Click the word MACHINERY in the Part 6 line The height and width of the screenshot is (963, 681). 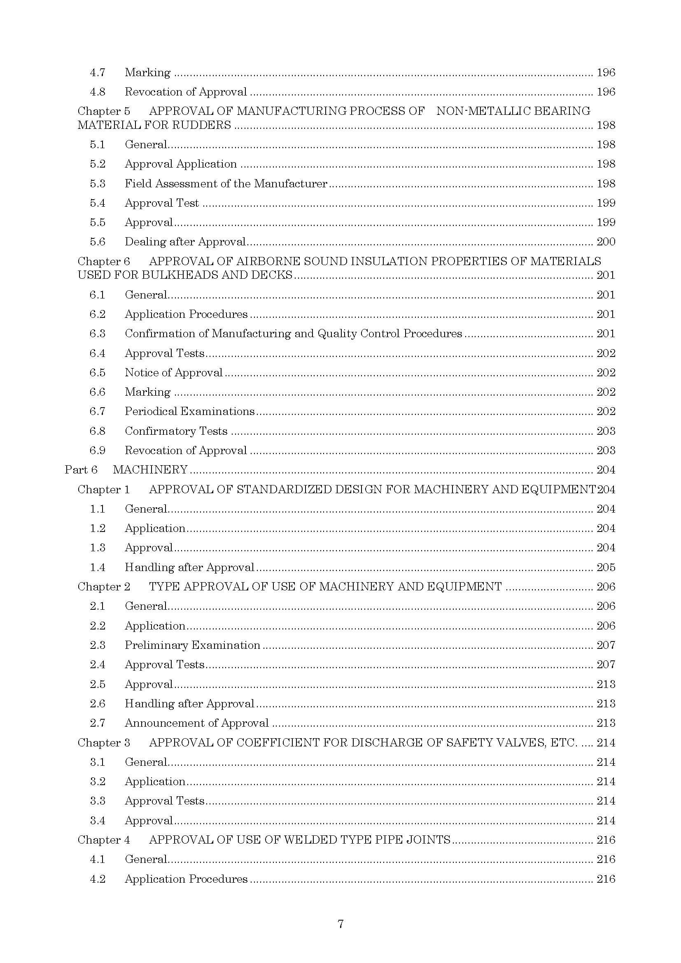[x=150, y=470]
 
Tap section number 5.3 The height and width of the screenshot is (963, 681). [x=97, y=184]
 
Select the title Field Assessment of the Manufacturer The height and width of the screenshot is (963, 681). [x=226, y=184]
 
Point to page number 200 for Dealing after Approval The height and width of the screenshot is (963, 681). [x=606, y=242]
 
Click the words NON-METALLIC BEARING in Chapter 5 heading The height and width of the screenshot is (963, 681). [x=513, y=111]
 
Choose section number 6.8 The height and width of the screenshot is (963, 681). [x=97, y=431]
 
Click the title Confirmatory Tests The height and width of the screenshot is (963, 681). [x=176, y=431]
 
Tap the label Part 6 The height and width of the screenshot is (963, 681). [x=81, y=470]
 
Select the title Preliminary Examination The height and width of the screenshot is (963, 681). [x=192, y=645]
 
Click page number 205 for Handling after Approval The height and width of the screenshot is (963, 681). [x=606, y=567]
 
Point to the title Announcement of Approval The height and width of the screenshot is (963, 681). [x=197, y=723]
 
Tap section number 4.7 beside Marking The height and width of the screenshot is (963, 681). [x=97, y=72]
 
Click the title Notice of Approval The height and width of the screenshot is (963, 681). [x=174, y=373]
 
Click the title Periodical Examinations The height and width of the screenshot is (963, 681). [x=189, y=411]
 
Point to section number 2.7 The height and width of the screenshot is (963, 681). [x=97, y=723]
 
